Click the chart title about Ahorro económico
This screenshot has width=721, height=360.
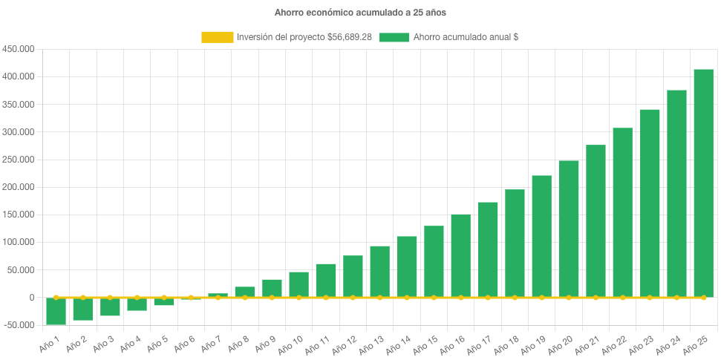click(360, 13)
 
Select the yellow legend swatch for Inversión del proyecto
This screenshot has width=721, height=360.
click(216, 37)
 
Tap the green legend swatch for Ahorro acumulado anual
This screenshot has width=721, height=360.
click(394, 37)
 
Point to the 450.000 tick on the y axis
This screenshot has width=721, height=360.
click(20, 49)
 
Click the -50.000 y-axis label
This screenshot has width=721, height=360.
click(20, 325)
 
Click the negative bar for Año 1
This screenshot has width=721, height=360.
click(56, 311)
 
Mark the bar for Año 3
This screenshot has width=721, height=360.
click(110, 307)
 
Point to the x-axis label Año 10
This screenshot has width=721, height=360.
click(290, 342)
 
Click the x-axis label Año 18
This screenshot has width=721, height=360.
click(506, 342)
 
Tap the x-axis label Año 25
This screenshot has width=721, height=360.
click(696, 342)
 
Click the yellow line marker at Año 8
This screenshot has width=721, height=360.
click(245, 298)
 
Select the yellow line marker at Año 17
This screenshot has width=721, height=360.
click(488, 298)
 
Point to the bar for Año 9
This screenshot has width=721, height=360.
click(272, 288)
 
